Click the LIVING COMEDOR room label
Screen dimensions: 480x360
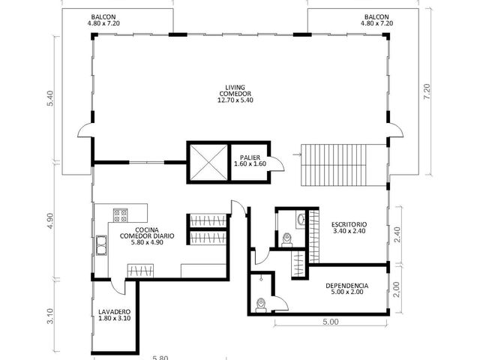(235, 94)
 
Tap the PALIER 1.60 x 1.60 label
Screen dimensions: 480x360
(250, 160)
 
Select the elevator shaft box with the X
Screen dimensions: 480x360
(208, 162)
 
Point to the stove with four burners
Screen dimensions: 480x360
(120, 215)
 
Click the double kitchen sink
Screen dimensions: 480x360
(101, 245)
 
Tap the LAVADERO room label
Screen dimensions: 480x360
(115, 315)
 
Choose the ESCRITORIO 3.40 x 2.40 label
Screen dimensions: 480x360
(349, 228)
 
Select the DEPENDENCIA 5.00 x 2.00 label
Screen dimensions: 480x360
(346, 289)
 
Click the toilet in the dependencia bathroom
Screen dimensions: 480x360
(261, 305)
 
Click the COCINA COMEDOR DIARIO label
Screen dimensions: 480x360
(147, 236)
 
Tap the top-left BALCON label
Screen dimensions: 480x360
(103, 20)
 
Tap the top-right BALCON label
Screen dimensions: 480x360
(376, 20)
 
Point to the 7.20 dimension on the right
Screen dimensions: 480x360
(427, 91)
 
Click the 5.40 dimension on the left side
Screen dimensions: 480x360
(49, 98)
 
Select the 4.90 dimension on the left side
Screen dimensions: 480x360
(49, 220)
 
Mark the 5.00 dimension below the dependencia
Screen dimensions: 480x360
(331, 322)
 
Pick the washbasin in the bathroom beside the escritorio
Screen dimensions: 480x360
(301, 219)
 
